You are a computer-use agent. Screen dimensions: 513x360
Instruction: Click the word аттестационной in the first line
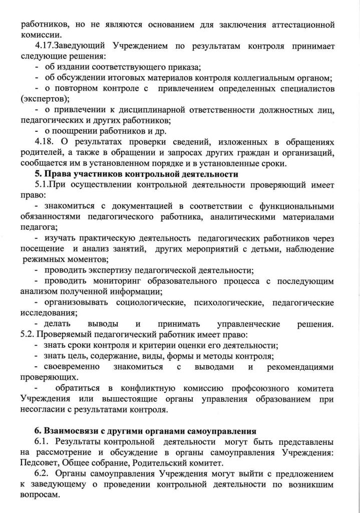tap(301, 25)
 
